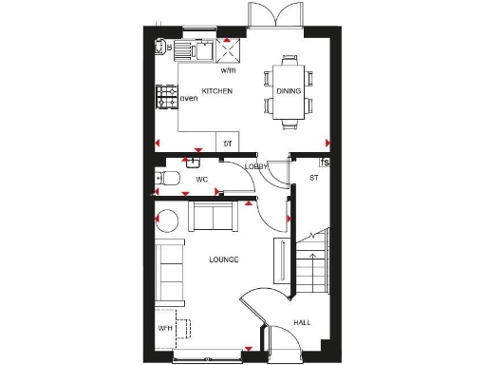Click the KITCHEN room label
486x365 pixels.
click(217, 90)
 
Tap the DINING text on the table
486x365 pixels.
click(289, 91)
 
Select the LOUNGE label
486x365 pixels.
click(224, 259)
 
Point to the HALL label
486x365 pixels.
click(301, 322)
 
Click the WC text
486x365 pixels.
click(201, 179)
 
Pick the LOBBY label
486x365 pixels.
click(256, 167)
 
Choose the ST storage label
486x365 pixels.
click(313, 178)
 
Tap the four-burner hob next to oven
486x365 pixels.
click(166, 96)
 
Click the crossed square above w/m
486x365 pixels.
click(230, 49)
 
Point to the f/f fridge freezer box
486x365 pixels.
click(228, 143)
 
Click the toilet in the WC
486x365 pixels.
click(168, 179)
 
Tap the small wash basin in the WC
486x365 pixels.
click(201, 161)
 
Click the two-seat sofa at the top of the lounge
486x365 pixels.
click(214, 217)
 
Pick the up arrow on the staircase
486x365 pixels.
click(312, 234)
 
